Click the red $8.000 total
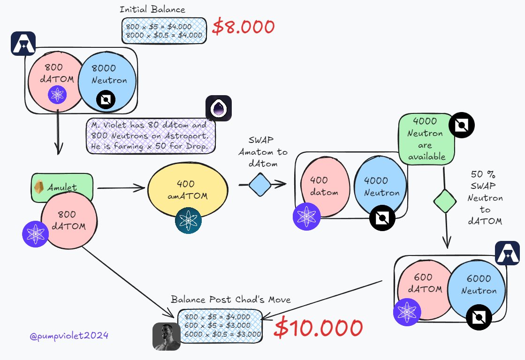tap(243, 27)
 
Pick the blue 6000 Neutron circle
tap(477, 285)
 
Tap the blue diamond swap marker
tap(260, 185)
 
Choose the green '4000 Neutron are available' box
tap(426, 139)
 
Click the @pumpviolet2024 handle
tap(68, 335)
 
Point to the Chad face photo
tap(166, 336)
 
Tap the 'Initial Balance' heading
tap(152, 9)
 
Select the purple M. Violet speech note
tap(150, 135)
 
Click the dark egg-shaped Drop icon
tap(218, 109)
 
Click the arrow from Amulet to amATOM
tap(120, 188)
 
